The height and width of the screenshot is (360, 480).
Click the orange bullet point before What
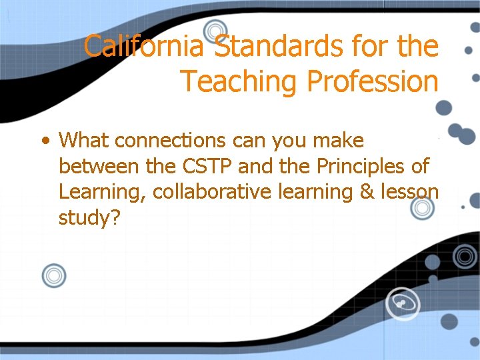pyautogui.click(x=45, y=141)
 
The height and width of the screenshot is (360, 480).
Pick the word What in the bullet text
pyautogui.click(x=85, y=141)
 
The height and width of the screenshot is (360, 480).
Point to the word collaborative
pyautogui.click(x=211, y=192)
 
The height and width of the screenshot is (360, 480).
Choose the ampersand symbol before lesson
pyautogui.click(x=367, y=192)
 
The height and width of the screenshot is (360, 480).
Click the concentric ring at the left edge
pyautogui.click(x=53, y=275)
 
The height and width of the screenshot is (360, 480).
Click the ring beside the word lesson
pyautogui.click(x=422, y=208)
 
